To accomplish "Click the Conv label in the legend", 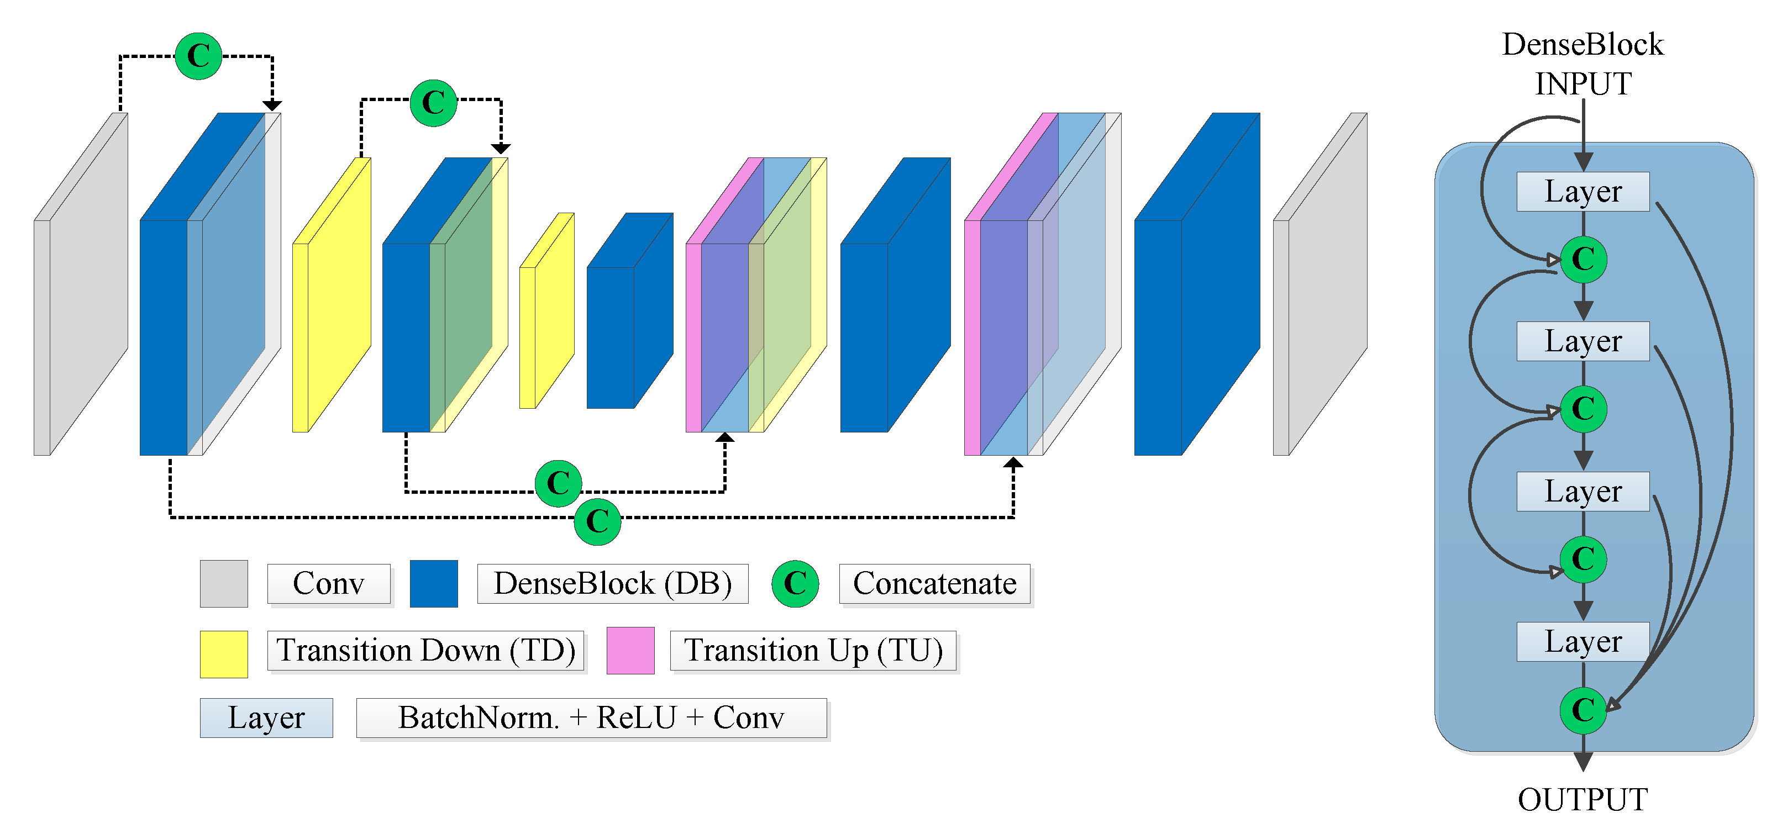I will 329,584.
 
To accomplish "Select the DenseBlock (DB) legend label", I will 612,584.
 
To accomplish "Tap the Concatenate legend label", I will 934,584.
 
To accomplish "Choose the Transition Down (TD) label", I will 425,650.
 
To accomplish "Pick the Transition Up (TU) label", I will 813,650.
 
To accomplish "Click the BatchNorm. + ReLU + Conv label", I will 591,718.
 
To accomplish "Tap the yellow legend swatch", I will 223,653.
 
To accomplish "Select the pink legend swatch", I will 630,650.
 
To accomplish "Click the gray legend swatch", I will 223,584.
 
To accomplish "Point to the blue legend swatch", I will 434,584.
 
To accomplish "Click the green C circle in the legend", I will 795,584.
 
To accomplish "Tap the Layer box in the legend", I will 266,718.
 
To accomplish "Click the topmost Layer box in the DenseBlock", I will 1583,192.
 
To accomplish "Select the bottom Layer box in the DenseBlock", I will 1583,642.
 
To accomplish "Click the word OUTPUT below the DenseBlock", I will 1583,800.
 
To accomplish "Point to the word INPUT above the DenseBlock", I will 1583,84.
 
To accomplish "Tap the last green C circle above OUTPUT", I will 1583,710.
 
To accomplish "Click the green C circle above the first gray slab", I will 198,56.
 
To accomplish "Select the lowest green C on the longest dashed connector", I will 597,521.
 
